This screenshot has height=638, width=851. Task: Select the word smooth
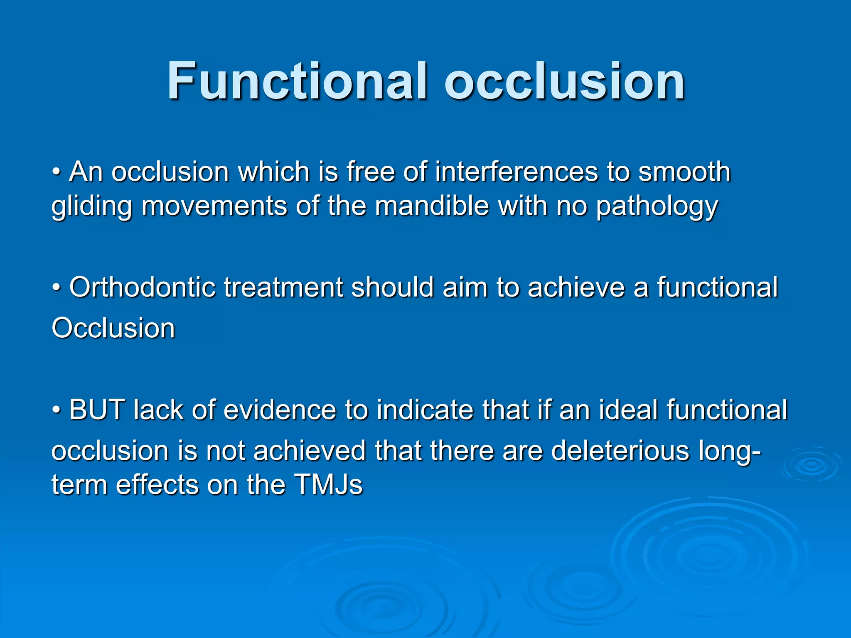(684, 172)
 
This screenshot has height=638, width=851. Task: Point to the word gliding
(91, 206)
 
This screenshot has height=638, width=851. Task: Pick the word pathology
(657, 206)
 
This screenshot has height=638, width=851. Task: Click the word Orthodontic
(142, 287)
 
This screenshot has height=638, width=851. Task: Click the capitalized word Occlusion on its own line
(113, 328)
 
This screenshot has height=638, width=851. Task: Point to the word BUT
(97, 410)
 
